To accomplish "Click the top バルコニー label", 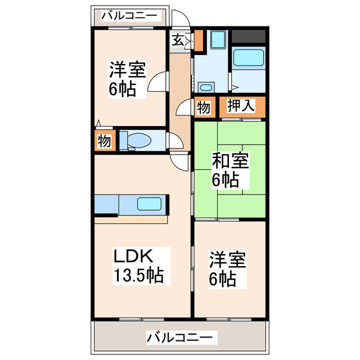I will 130,16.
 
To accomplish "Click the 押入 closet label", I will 241,106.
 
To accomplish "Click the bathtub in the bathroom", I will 248,58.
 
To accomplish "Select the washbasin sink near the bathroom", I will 206,87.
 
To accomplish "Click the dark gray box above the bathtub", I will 248,36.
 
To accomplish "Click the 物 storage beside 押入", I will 204,107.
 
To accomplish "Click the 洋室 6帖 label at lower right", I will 228,269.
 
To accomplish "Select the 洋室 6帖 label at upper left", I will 127,79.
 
